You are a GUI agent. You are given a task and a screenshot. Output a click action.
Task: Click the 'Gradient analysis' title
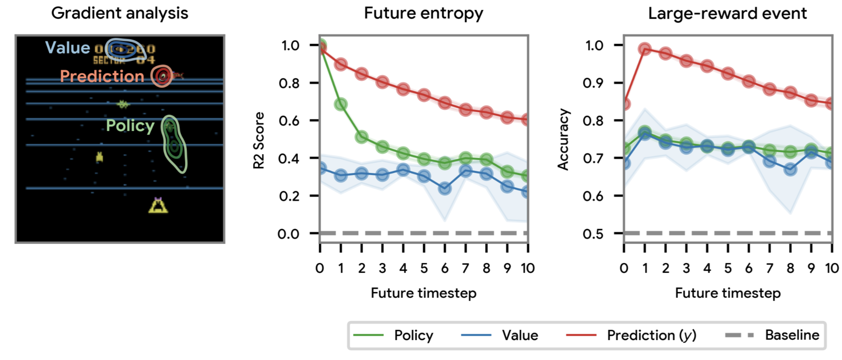point(119,13)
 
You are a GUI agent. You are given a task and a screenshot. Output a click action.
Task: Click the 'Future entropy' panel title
point(423,13)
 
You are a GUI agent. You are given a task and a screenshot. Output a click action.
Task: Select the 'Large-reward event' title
point(727,13)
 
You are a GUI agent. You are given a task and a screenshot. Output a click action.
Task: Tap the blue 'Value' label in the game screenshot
point(68,48)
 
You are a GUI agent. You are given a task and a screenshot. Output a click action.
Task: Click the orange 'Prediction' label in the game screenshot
point(102,76)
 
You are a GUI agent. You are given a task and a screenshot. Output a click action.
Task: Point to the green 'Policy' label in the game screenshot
point(130,126)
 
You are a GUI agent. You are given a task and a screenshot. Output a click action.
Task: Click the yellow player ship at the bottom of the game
point(158,205)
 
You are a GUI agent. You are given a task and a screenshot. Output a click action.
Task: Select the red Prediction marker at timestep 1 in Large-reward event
point(645,49)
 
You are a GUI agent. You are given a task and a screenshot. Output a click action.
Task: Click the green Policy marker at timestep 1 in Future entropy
point(341,104)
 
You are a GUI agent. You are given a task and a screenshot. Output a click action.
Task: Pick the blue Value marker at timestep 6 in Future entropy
point(445,189)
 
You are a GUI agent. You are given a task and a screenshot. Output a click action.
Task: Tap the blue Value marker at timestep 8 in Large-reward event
point(790,170)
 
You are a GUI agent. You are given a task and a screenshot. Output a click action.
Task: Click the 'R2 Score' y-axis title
point(259,140)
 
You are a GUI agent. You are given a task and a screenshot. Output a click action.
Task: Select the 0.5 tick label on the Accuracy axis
point(593,234)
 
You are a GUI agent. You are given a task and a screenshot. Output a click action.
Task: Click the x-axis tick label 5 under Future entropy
point(424,268)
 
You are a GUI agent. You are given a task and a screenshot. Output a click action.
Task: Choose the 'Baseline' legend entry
point(792,335)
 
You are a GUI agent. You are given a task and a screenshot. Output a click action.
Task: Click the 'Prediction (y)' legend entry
point(651,335)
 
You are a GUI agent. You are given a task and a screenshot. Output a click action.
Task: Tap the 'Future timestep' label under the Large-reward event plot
point(728,293)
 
